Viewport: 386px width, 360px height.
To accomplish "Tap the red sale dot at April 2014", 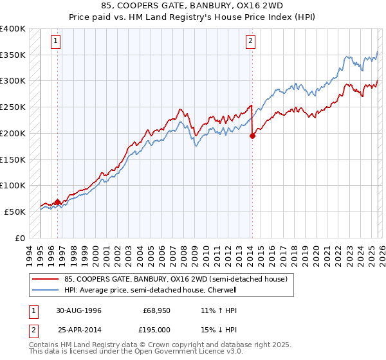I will (x=253, y=136).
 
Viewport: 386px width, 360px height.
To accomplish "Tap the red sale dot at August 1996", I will (x=58, y=202).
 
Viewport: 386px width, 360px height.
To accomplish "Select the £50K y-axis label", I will (x=15, y=212).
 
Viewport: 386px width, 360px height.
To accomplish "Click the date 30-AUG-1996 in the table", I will (x=78, y=310).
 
